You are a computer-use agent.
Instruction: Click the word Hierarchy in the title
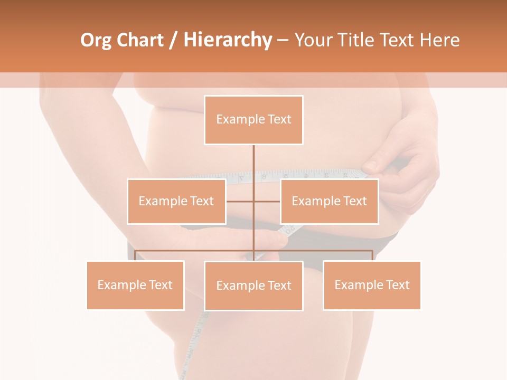(227, 40)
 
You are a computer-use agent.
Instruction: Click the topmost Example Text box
(253, 120)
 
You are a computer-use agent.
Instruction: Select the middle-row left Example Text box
(176, 201)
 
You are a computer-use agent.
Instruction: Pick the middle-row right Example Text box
(329, 201)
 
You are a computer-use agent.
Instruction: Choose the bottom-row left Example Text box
(135, 285)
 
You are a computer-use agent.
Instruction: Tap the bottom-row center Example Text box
(253, 286)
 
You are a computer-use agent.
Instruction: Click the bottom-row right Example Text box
(372, 285)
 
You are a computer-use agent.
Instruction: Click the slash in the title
(173, 41)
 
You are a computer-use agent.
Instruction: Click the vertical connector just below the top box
(253, 158)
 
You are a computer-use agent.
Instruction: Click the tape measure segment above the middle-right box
(317, 174)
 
